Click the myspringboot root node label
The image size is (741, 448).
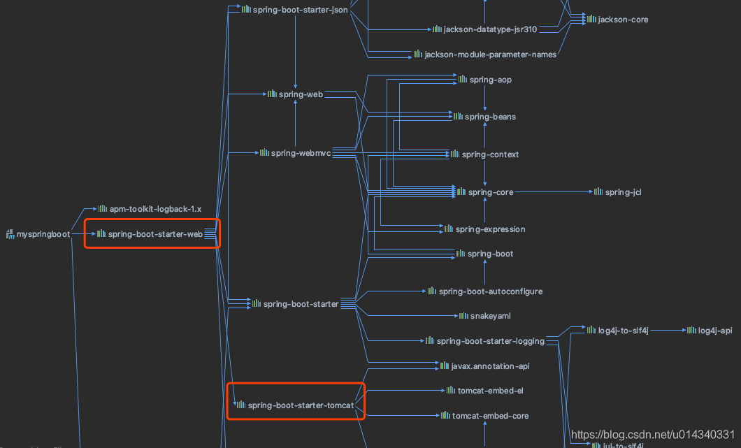[43, 235]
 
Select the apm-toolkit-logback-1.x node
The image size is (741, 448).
[155, 209]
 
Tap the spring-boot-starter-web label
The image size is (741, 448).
[155, 235]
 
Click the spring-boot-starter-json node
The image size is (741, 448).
[300, 9]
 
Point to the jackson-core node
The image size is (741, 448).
[623, 20]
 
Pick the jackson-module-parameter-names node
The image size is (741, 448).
[490, 55]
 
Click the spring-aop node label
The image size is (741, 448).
[490, 80]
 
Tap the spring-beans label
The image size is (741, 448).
[490, 117]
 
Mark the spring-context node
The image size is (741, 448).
[490, 154]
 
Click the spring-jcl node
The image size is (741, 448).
[623, 192]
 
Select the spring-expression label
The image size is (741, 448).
[490, 229]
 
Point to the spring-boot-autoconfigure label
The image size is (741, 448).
[490, 291]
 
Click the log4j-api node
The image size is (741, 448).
[715, 330]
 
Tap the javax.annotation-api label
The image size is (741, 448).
[490, 366]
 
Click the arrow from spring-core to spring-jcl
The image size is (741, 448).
[552, 192]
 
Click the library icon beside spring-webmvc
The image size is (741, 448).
[264, 153]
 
